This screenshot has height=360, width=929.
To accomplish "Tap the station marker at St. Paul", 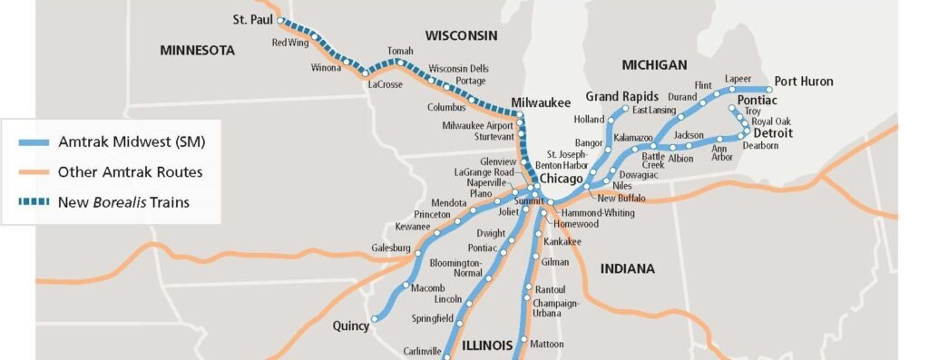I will [280, 21].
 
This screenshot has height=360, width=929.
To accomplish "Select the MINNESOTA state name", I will [197, 51].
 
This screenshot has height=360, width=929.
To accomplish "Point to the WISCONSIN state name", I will [461, 35].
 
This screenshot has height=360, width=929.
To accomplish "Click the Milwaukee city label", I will [541, 102].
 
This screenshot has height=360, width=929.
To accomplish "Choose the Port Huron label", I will [803, 82].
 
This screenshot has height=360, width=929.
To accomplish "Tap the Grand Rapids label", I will [621, 96].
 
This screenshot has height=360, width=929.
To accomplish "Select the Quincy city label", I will [349, 324].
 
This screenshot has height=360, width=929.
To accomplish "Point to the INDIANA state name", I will [626, 268].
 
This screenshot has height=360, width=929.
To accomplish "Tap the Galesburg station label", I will [390, 248].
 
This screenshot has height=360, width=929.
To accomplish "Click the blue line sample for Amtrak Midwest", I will [34, 142].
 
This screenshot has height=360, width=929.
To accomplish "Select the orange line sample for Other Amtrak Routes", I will [34, 172].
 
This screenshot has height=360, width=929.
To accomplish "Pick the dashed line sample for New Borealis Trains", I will [34, 202].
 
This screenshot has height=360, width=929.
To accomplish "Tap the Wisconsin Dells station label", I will [458, 68].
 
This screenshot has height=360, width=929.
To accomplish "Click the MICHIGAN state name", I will [654, 64].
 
